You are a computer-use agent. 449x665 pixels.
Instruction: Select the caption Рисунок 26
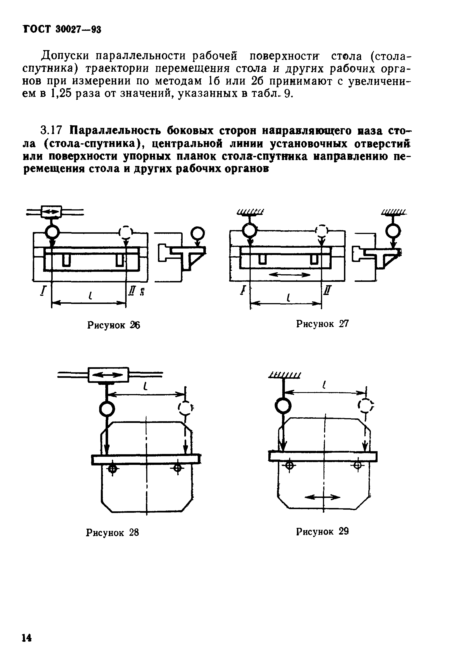(x=113, y=325)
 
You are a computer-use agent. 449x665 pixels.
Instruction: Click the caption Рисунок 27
(x=322, y=324)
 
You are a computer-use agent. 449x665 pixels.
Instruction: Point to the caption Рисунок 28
(x=112, y=533)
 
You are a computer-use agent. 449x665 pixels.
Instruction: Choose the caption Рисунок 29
(x=322, y=531)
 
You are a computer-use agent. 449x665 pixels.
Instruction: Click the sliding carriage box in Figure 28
(x=108, y=374)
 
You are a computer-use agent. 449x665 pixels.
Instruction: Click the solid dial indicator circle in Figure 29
(x=283, y=406)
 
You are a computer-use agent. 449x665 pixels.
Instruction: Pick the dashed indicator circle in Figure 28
(x=185, y=408)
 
